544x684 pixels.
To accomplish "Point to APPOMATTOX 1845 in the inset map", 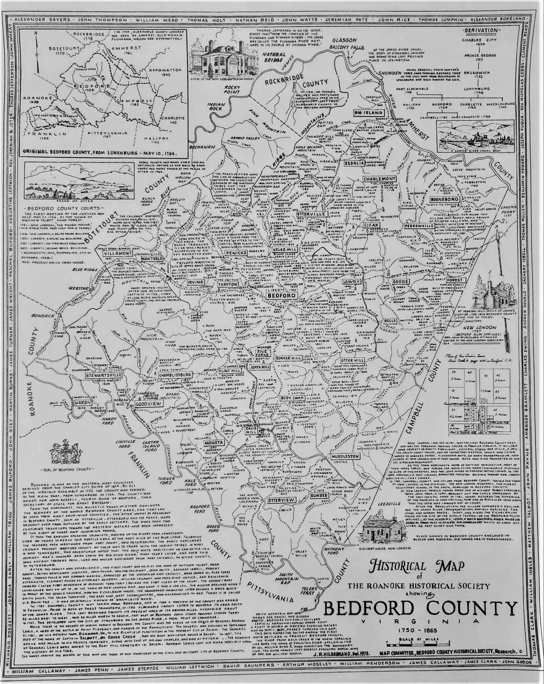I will click(165, 72).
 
